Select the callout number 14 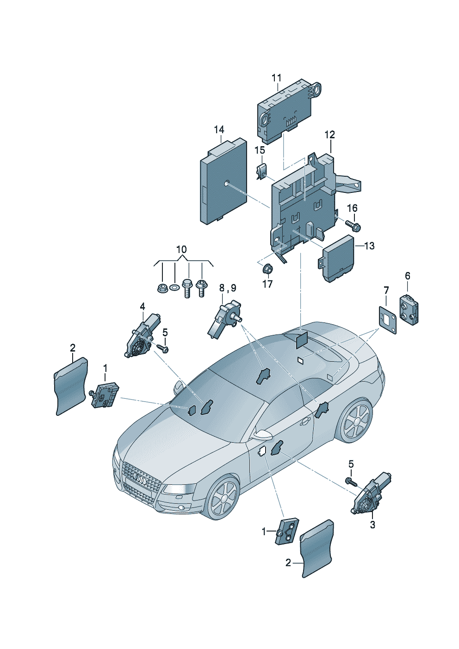pyautogui.click(x=219, y=130)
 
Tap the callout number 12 pyautogui.click(x=329, y=135)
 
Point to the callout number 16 pyautogui.click(x=353, y=208)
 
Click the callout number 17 pyautogui.click(x=268, y=284)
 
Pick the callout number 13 pyautogui.click(x=369, y=246)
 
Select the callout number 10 pyautogui.click(x=182, y=250)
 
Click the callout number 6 pyautogui.click(x=408, y=276)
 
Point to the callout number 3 pyautogui.click(x=372, y=525)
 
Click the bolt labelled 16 pyautogui.click(x=354, y=225)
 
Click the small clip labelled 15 pyautogui.click(x=262, y=170)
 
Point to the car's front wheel pyautogui.click(x=223, y=498)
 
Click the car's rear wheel pyautogui.click(x=357, y=420)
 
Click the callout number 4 pyautogui.click(x=143, y=306)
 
